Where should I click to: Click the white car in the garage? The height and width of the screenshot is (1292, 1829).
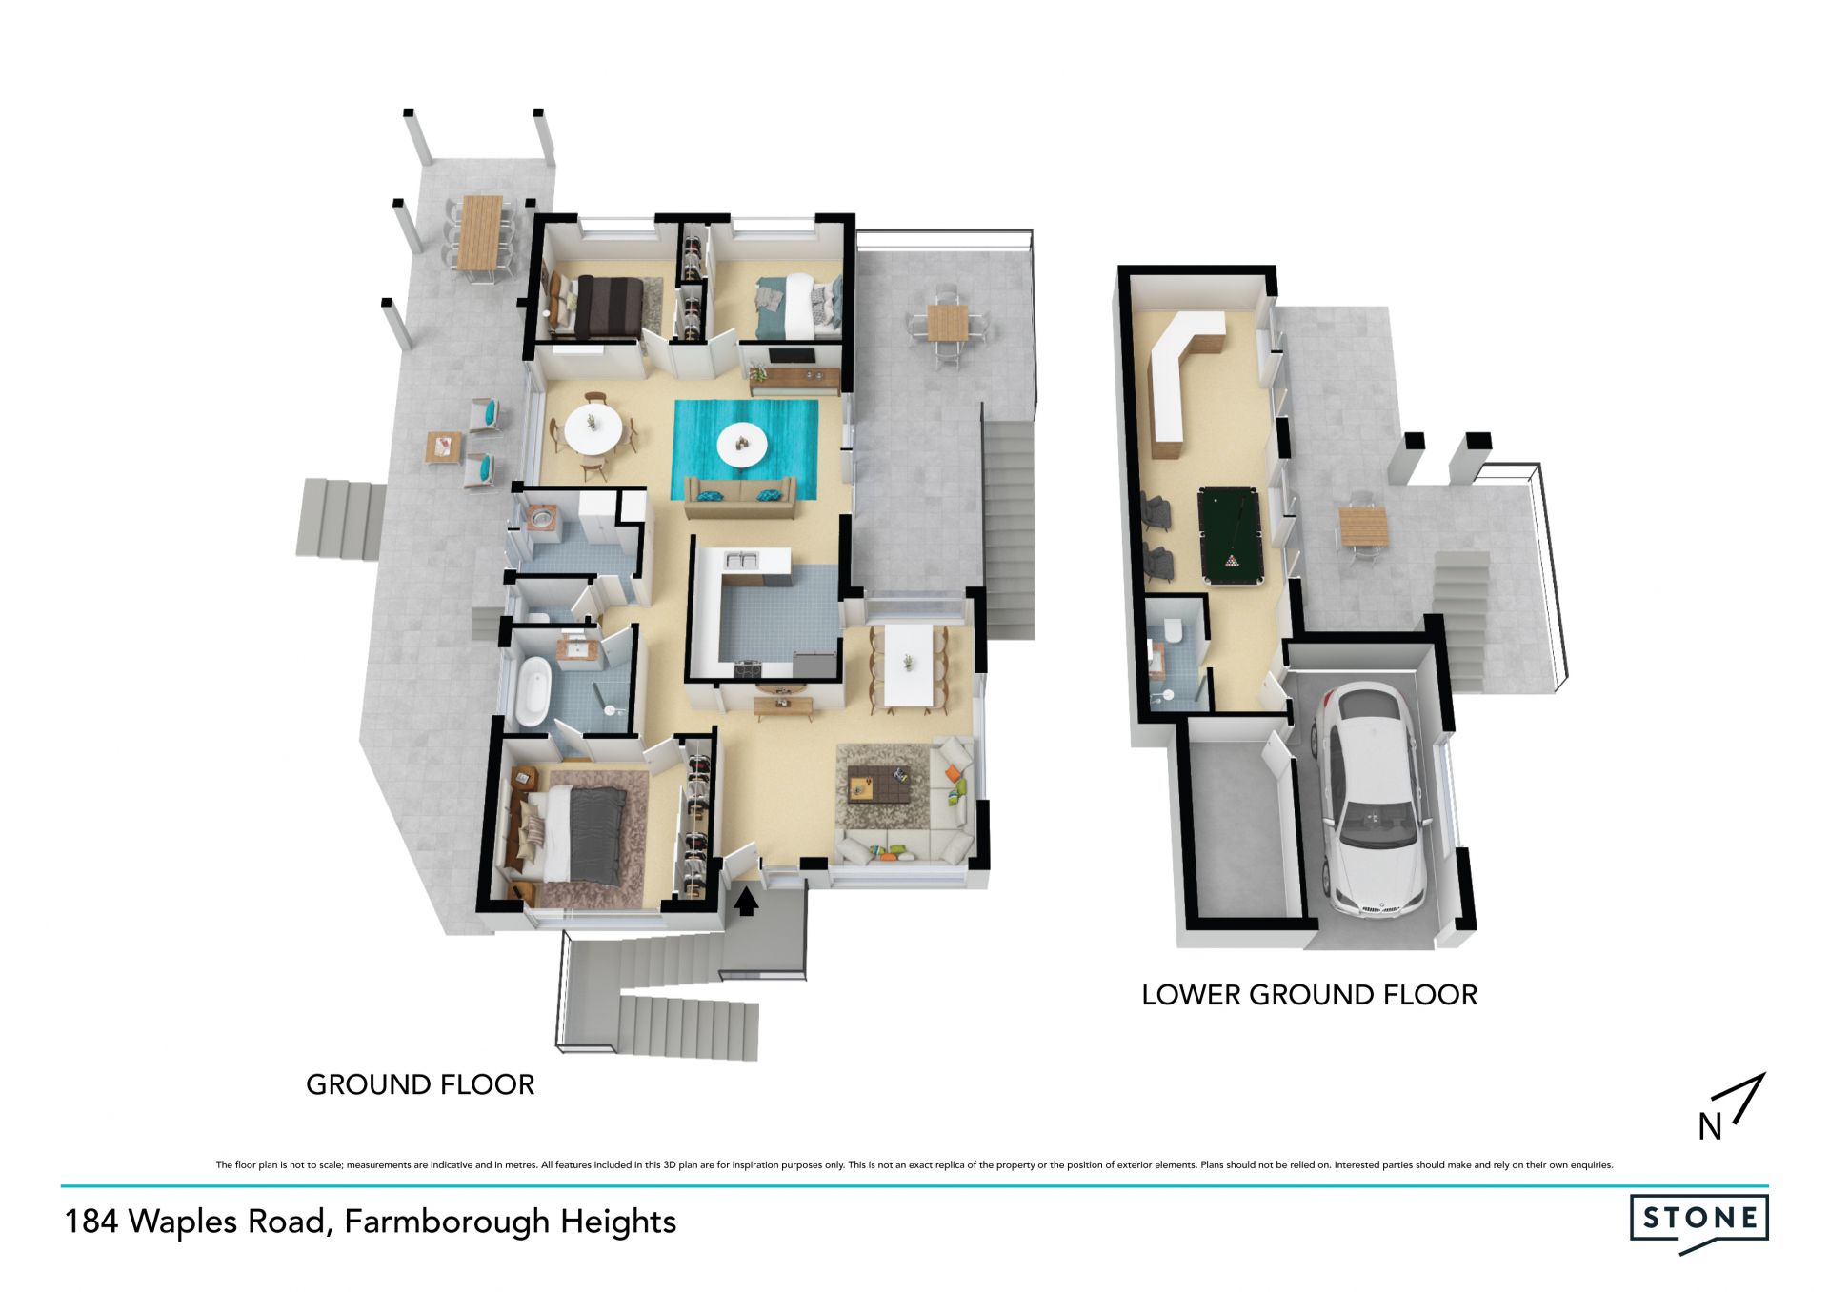click(1372, 800)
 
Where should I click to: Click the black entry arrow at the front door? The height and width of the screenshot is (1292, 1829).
click(746, 901)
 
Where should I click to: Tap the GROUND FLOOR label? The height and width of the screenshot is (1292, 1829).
click(420, 1084)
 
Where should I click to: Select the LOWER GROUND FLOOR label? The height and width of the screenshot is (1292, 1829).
click(1310, 995)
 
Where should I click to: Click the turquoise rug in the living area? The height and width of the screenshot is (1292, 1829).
click(746, 449)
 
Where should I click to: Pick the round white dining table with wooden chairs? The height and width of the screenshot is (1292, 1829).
click(594, 433)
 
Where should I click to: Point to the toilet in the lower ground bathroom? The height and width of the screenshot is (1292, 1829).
click(1173, 631)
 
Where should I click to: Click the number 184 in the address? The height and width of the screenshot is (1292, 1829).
click(91, 1222)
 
